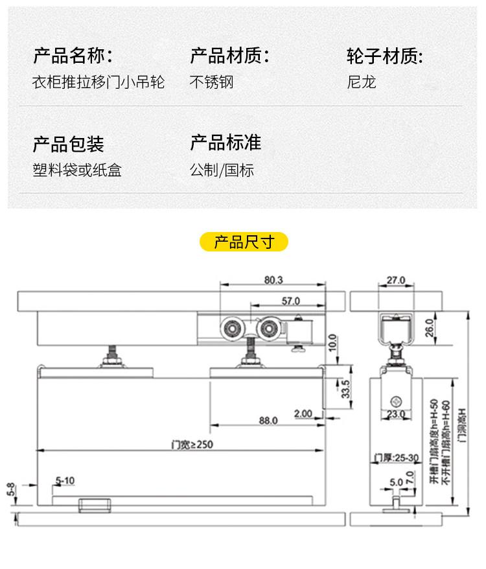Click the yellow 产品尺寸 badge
pos(243,242)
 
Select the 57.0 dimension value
pos(290,301)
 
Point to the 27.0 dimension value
pos(395,280)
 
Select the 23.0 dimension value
pos(395,413)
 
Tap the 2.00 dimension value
pos(302,413)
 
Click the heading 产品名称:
pos(73,56)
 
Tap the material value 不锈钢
pos(211,82)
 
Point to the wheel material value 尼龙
pos(362,82)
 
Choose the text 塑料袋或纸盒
pos(77,170)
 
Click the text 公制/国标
pos(222,170)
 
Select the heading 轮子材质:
pos(385,56)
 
